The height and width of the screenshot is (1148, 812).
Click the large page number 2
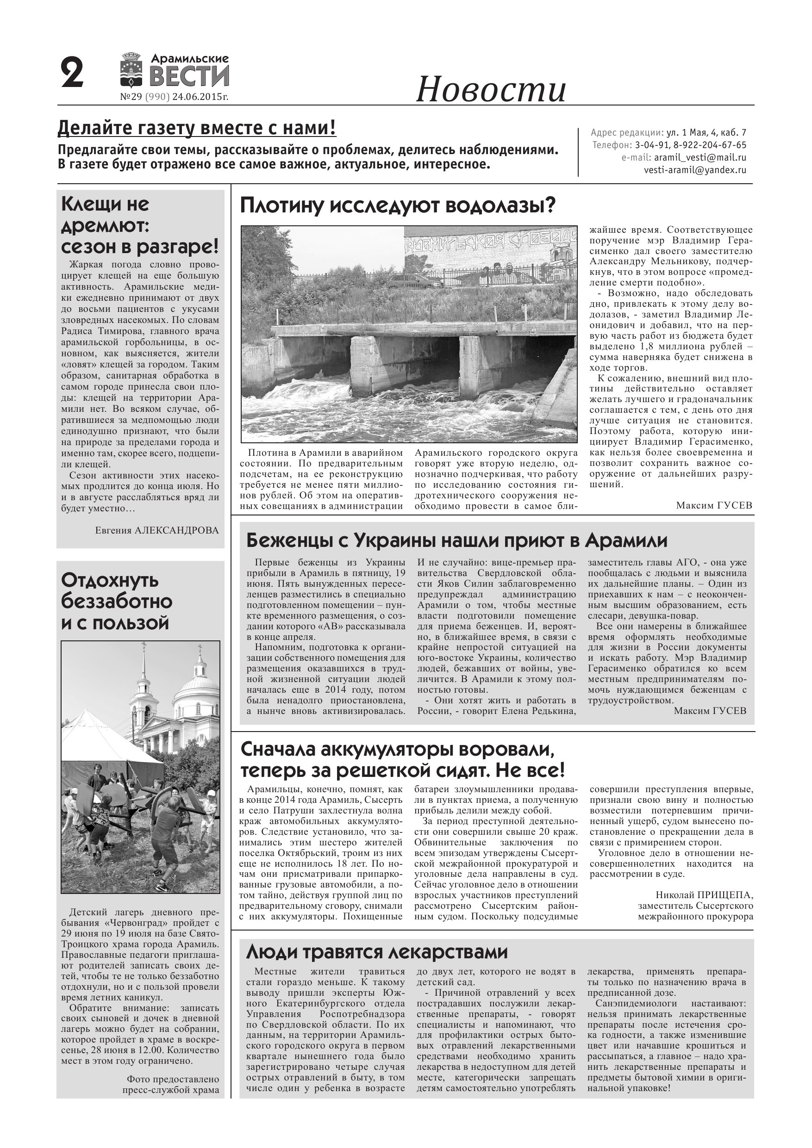(72, 74)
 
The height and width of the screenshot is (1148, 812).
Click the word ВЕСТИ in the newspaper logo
(189, 77)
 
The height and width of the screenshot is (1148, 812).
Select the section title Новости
(491, 89)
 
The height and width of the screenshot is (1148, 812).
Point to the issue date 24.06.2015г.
(200, 97)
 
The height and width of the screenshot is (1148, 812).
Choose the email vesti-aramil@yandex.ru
(695, 170)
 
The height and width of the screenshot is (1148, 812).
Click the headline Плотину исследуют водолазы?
(398, 205)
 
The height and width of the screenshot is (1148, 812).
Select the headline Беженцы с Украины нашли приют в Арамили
(457, 540)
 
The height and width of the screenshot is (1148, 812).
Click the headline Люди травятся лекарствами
(377, 952)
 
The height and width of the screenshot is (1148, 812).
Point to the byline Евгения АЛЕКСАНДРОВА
(156, 530)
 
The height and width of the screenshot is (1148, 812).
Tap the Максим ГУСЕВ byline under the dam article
(714, 505)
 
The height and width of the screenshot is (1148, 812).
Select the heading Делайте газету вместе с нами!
(197, 129)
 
